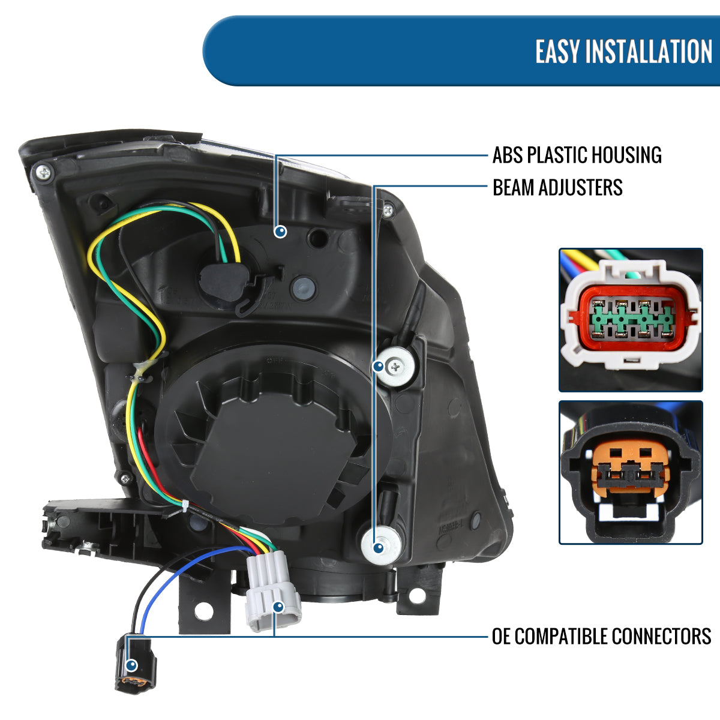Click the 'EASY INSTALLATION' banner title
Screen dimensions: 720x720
click(x=623, y=52)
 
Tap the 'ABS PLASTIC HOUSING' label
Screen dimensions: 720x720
click(x=577, y=155)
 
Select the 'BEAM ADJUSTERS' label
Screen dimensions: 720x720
click(x=557, y=187)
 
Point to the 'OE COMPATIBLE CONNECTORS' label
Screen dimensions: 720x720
click(x=601, y=636)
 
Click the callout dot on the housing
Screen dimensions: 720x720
click(x=280, y=231)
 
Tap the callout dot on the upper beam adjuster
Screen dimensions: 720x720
click(x=379, y=365)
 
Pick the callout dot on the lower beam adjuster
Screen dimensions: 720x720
click(x=378, y=547)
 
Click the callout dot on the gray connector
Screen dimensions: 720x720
click(x=278, y=607)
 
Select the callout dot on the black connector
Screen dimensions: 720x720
click(x=132, y=665)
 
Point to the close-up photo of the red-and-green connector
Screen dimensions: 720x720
click(x=631, y=319)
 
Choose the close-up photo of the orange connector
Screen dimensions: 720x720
click(x=631, y=472)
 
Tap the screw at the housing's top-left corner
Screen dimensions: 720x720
click(x=44, y=172)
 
